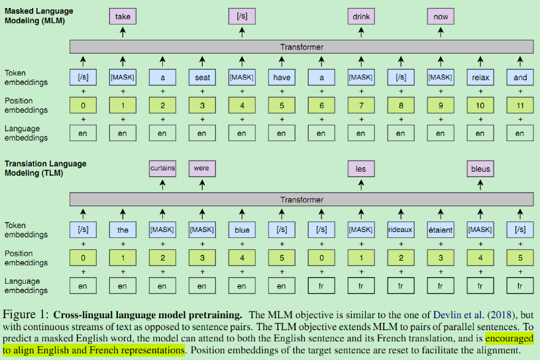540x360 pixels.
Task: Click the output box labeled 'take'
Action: tap(123, 16)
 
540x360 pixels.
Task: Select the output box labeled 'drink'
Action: tap(361, 16)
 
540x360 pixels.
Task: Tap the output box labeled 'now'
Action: tap(441, 16)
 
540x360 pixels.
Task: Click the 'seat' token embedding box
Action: tap(202, 78)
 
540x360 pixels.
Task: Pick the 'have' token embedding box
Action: tap(282, 78)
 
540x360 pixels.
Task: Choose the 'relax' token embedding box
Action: tap(480, 78)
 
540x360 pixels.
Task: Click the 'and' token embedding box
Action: tap(520, 78)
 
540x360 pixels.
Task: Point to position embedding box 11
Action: tap(520, 105)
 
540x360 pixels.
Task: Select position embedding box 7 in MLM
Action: tap(361, 105)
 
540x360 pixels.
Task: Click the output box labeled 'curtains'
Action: tap(162, 168)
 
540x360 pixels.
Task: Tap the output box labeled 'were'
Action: tap(202, 168)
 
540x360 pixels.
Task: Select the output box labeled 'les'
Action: tap(361, 168)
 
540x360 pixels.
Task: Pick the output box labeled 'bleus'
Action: tap(480, 168)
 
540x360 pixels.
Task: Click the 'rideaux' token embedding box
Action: tap(401, 230)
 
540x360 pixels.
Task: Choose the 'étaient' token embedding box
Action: tap(441, 230)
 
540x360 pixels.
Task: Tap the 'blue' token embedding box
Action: tap(242, 230)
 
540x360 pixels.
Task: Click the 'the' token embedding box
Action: tap(123, 230)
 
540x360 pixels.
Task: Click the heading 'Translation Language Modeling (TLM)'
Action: tap(46, 168)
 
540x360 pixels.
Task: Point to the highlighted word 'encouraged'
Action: tap(509, 337)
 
